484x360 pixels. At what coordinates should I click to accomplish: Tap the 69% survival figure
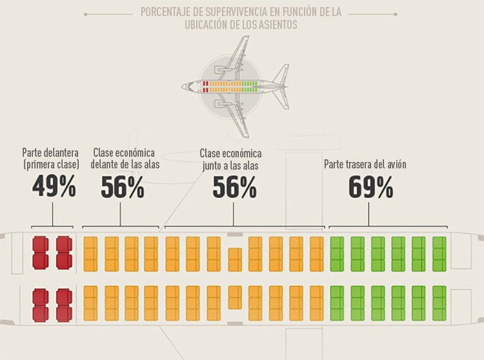click(370, 186)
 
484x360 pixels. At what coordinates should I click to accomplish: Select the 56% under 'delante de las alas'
click(123, 186)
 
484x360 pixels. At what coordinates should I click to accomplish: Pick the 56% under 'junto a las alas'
click(234, 186)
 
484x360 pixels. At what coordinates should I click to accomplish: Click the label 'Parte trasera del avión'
click(365, 164)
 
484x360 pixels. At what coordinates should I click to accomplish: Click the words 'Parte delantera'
click(50, 153)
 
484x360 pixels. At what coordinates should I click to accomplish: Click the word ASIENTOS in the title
click(274, 25)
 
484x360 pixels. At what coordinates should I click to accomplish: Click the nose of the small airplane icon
click(183, 86)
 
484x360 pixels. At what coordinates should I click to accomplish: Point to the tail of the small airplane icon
click(281, 86)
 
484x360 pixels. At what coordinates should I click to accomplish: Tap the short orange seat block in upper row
click(235, 259)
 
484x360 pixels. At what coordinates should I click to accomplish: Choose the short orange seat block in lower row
click(235, 297)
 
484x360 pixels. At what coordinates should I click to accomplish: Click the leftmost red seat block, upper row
click(40, 253)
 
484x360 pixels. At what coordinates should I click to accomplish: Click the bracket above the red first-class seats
click(52, 226)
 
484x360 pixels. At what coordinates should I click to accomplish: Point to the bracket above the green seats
click(388, 226)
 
